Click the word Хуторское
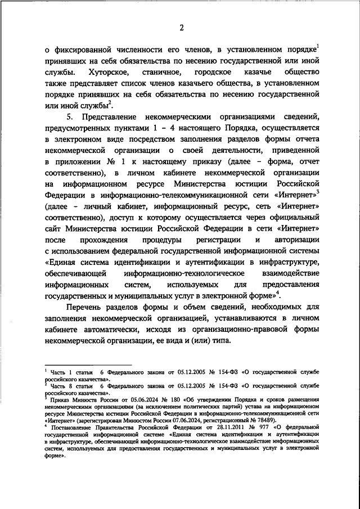click(109, 73)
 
